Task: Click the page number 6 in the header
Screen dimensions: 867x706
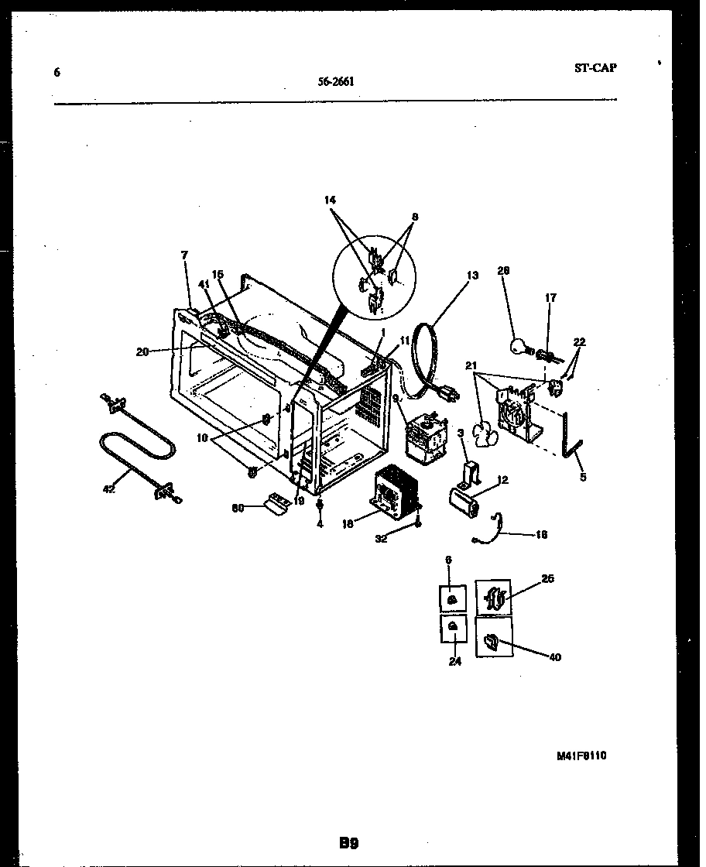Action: coord(57,73)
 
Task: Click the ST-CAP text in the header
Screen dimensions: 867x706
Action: coord(595,67)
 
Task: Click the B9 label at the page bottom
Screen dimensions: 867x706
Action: coord(348,843)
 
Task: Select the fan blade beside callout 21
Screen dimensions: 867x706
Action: coord(485,437)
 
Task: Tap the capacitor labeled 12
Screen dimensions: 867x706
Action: coord(466,499)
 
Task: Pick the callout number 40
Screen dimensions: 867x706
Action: coord(555,657)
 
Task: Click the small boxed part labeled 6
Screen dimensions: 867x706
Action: coord(452,599)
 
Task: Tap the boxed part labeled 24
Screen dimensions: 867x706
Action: coord(452,628)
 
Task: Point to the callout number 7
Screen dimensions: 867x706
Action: coord(184,255)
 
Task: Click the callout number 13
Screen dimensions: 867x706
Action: coord(473,275)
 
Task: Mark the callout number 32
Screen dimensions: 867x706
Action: coord(381,539)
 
